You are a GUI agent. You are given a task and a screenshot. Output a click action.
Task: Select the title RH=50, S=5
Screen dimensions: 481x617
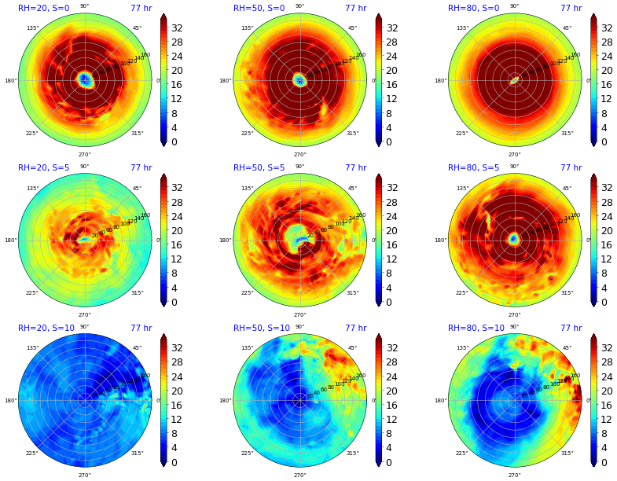(x=259, y=168)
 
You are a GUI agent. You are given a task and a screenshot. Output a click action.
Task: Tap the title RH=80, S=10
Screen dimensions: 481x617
(x=476, y=329)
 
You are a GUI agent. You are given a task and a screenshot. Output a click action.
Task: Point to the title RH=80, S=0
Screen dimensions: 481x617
(x=474, y=8)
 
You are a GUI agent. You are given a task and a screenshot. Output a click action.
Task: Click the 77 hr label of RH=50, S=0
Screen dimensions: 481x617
(x=355, y=8)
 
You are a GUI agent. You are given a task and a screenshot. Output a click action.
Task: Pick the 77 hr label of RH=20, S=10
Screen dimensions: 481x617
(x=141, y=329)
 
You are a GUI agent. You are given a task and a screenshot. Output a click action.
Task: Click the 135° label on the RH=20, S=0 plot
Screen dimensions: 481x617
(x=32, y=28)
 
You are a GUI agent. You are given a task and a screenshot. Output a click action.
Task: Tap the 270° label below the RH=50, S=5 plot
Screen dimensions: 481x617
(x=299, y=314)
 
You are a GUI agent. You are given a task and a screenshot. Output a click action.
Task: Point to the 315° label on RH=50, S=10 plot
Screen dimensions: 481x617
(x=352, y=453)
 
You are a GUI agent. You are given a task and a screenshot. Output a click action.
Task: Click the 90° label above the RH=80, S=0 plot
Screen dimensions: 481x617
(x=514, y=6)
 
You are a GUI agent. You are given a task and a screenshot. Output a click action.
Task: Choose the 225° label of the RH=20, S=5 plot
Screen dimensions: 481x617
(x=32, y=293)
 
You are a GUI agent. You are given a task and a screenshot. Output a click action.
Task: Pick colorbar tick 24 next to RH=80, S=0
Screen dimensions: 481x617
(x=606, y=57)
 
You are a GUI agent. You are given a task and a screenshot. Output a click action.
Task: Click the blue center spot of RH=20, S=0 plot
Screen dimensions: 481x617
(x=84, y=79)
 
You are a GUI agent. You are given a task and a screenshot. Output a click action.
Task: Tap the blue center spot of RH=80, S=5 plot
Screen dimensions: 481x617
(x=514, y=239)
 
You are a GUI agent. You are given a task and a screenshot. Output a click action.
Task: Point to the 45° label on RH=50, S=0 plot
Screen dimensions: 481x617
(x=352, y=28)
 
